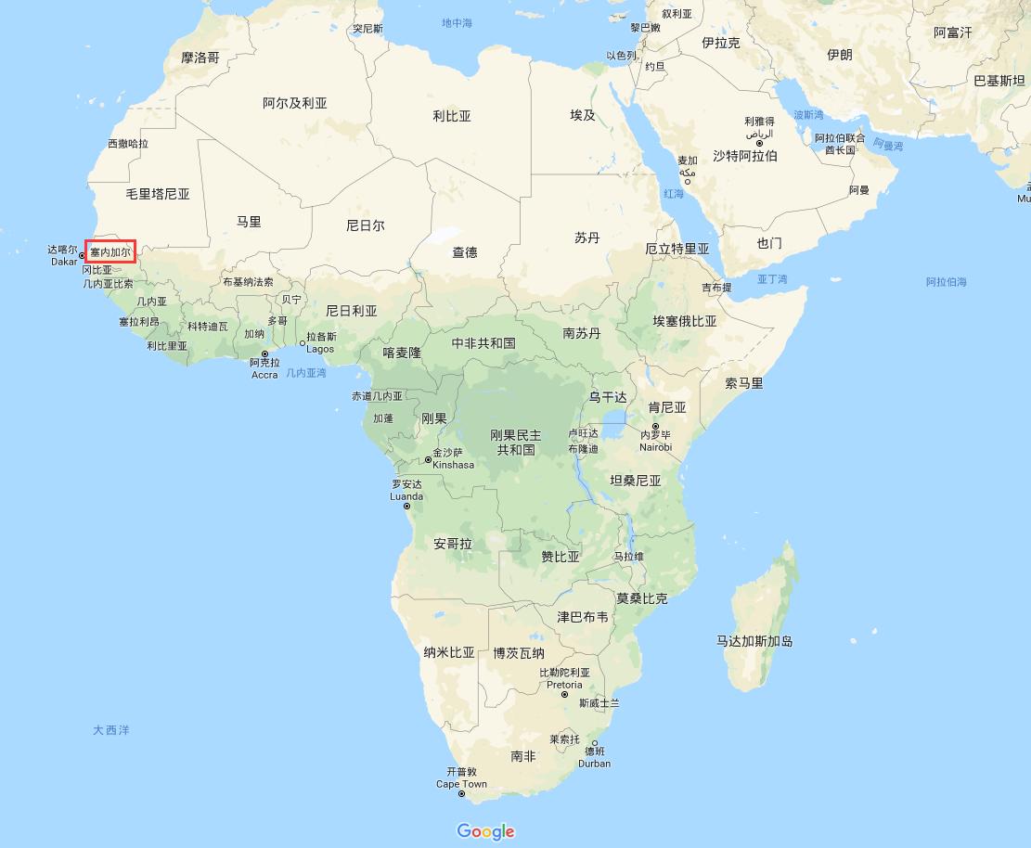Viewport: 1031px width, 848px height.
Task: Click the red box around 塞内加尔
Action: pos(110,251)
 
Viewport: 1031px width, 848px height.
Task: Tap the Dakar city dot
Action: pos(83,255)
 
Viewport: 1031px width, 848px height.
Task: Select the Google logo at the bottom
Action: pos(485,831)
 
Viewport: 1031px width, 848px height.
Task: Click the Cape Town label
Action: pos(461,784)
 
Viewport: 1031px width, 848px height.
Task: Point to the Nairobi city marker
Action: pos(655,427)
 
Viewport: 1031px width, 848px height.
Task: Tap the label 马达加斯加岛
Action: pos(754,641)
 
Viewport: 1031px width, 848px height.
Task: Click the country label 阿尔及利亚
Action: pos(295,103)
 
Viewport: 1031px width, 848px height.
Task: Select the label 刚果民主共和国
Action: pos(516,443)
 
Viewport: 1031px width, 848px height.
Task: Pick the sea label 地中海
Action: pos(457,22)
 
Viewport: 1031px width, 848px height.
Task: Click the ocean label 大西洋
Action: pos(110,730)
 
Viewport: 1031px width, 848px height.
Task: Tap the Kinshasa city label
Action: pos(453,465)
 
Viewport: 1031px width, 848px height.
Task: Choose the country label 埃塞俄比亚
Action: pos(685,321)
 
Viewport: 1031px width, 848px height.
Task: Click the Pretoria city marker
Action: pos(564,694)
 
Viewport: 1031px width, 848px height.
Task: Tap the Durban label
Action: pos(594,764)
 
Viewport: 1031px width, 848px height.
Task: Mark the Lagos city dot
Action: pos(303,343)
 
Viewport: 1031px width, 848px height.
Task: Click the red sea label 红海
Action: pos(673,194)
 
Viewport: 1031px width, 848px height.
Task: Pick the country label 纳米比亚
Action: pos(449,652)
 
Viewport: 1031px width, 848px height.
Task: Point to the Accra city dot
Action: pos(264,353)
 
